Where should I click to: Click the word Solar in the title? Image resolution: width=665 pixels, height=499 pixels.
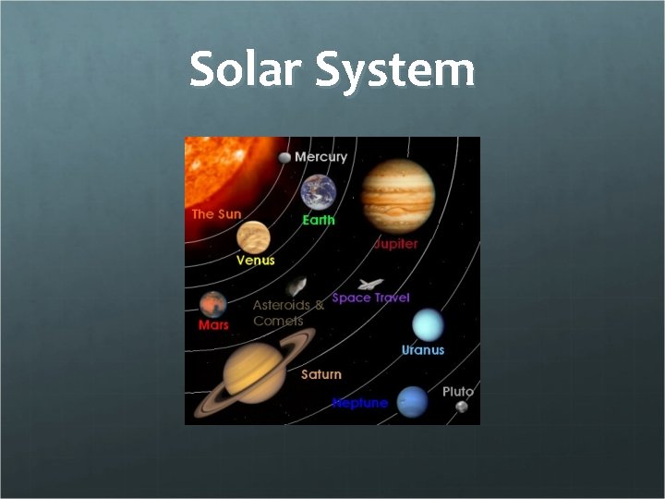coord(246,70)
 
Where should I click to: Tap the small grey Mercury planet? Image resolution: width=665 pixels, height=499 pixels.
coord(284,158)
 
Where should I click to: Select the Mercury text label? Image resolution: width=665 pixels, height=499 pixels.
coord(320,156)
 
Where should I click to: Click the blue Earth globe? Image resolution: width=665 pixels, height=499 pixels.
coord(318,193)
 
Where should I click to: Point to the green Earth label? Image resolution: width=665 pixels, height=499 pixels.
coord(319,220)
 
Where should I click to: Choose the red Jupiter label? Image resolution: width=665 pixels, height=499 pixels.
coord(395,244)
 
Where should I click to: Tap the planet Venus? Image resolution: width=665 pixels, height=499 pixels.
coord(253,237)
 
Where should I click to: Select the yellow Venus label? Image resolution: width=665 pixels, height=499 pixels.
coord(255,261)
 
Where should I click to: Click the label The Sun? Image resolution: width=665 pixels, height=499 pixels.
coord(216,213)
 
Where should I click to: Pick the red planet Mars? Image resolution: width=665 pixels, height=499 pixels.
coord(213,304)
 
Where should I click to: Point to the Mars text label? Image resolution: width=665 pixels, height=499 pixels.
coord(213,325)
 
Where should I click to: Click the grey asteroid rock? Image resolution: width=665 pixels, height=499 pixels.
coord(296,287)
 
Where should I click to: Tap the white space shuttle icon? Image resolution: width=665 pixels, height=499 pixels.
coord(369,284)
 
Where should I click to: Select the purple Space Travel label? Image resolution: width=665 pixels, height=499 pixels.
coord(370,298)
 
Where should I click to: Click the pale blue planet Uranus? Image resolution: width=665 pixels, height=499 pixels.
coord(428,324)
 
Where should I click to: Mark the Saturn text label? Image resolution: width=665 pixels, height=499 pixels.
coord(321,374)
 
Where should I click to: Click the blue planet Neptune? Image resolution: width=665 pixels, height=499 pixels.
coord(413,401)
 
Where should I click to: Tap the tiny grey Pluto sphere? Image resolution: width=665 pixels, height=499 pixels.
coord(462,407)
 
